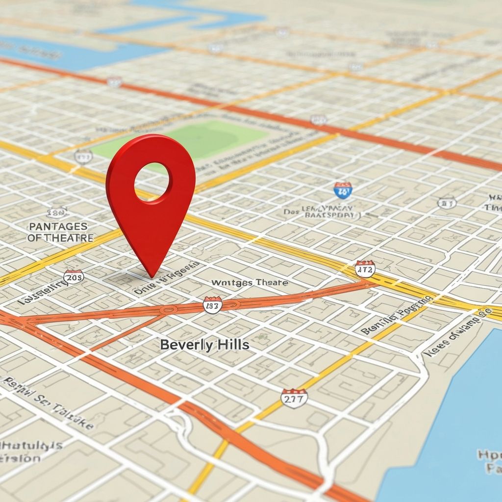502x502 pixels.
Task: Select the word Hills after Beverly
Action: pyautogui.click(x=232, y=345)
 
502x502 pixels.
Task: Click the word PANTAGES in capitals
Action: pyautogui.click(x=58, y=226)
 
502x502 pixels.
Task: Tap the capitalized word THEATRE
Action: pyautogui.click(x=68, y=238)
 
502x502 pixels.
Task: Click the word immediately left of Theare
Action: pyautogui.click(x=232, y=283)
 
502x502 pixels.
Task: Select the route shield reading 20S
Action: pyautogui.click(x=74, y=276)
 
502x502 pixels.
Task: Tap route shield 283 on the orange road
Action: pyautogui.click(x=212, y=304)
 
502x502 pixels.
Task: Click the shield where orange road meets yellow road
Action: pyautogui.click(x=365, y=269)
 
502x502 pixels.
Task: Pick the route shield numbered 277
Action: pyautogui.click(x=294, y=398)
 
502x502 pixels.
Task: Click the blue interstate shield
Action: pyautogui.click(x=343, y=190)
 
